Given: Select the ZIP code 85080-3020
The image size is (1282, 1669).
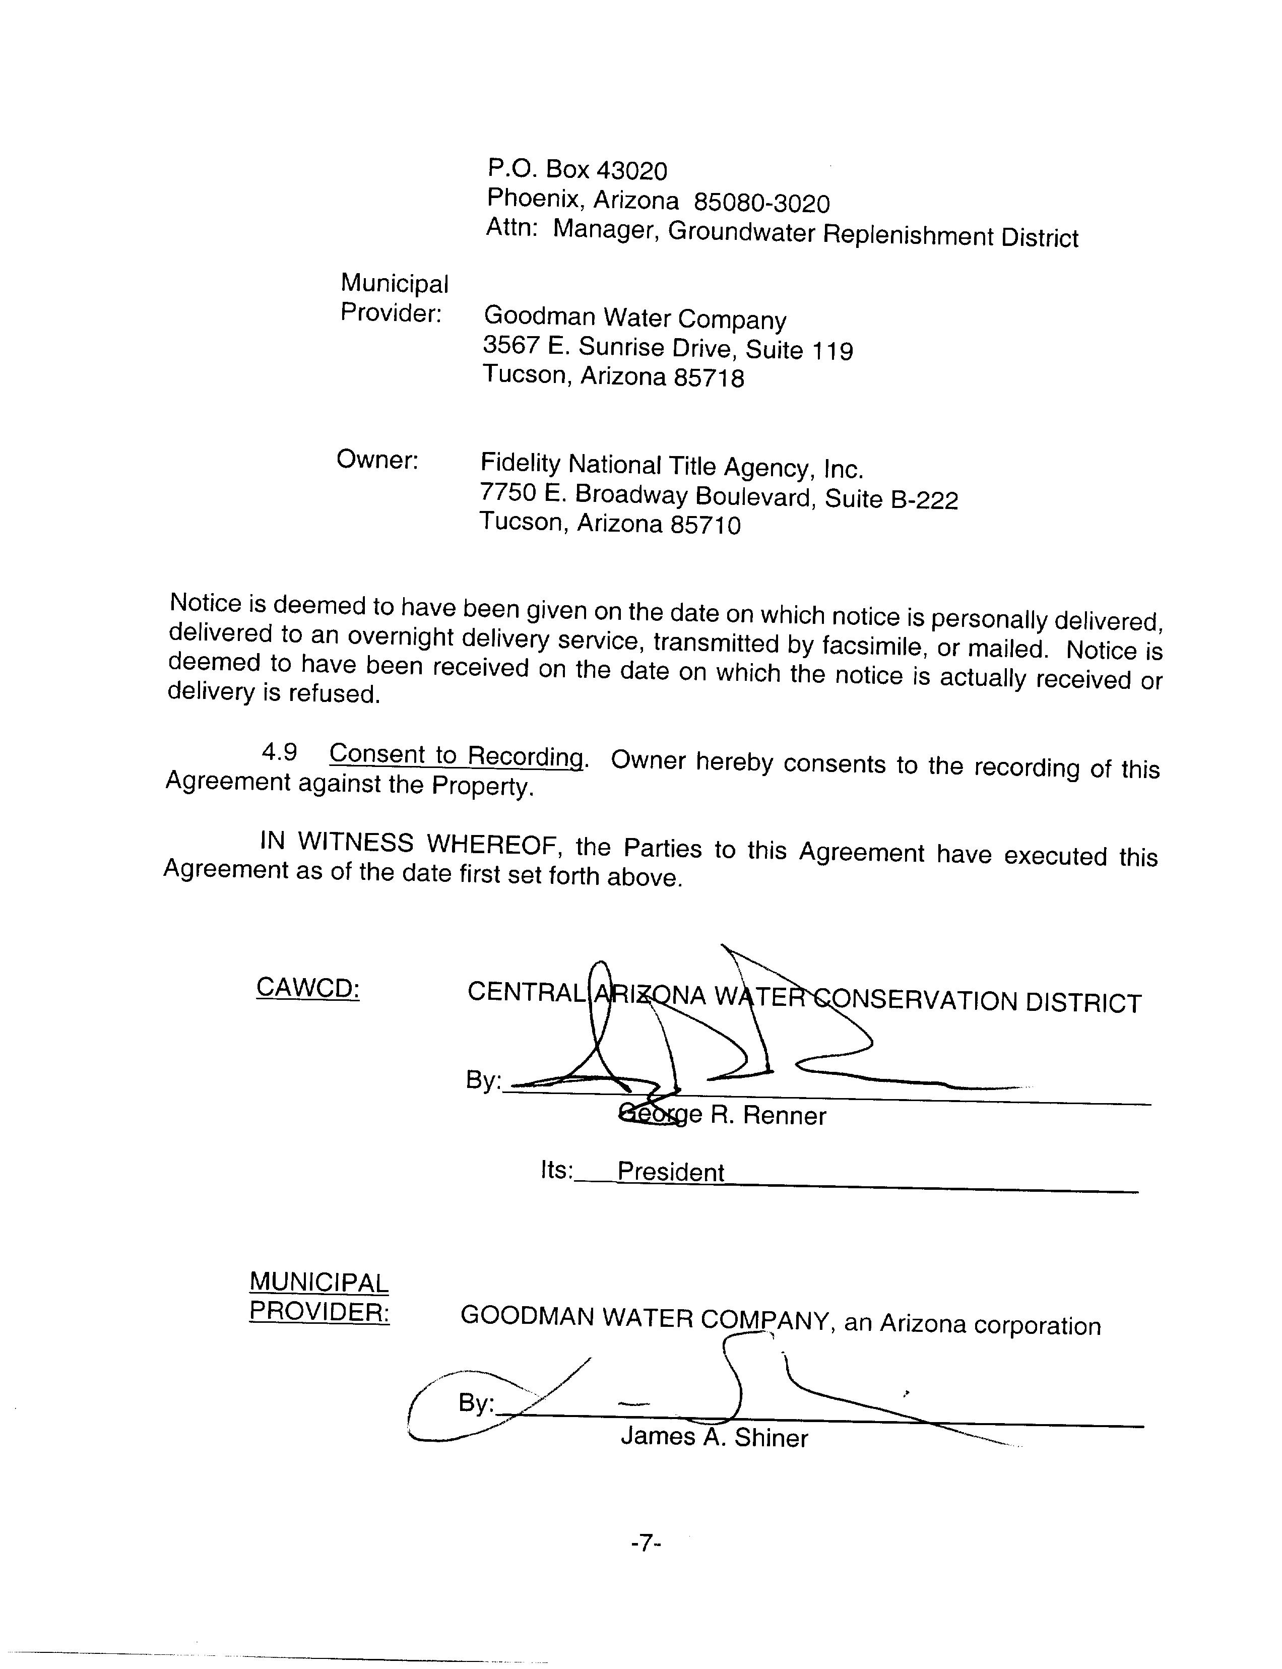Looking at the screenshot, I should coord(761,203).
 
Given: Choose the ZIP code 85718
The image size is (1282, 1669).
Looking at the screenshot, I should coord(708,378).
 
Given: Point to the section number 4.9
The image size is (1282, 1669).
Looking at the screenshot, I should coord(279,752).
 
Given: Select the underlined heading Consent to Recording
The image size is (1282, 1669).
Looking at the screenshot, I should coord(457,755).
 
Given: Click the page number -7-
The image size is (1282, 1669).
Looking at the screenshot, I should coord(646,1544).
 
